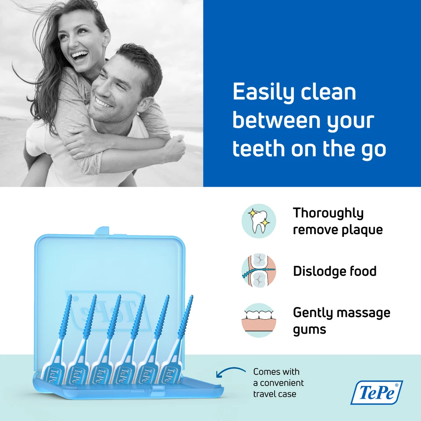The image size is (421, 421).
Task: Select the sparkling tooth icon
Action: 259,221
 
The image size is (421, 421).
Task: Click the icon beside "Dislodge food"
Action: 259,271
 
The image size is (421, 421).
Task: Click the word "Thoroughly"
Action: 328,213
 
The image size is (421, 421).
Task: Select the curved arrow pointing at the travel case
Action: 230,373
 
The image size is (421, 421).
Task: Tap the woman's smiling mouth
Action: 79,56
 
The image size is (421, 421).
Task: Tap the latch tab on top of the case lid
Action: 102,231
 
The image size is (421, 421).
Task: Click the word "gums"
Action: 309,329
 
